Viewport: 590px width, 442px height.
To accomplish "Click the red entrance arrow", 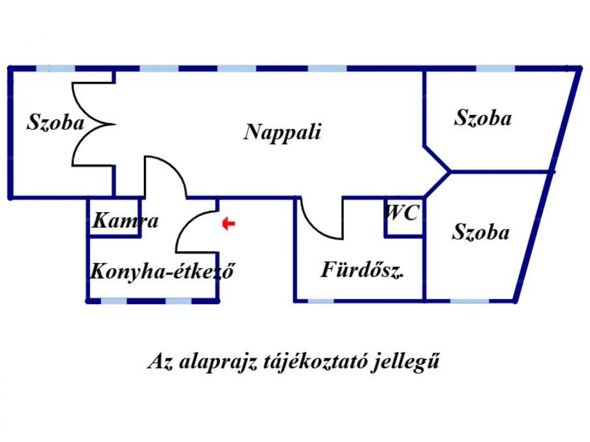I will pos(229,223).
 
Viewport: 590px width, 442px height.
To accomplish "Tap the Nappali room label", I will pos(282,132).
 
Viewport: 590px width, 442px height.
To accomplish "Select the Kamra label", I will pos(125,220).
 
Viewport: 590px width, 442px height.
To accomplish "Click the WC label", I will pos(402,212).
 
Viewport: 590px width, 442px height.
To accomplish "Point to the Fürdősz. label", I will pos(362,270).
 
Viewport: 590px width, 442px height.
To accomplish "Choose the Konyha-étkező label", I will pos(162,271).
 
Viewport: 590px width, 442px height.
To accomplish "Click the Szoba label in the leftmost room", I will pos(55,122).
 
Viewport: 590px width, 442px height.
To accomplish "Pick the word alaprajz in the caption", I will pos(218,362).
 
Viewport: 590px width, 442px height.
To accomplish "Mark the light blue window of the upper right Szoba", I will pos(495,68).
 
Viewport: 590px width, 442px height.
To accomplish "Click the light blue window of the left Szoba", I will pos(56,68).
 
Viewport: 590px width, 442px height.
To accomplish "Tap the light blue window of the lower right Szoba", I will pos(469,301).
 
